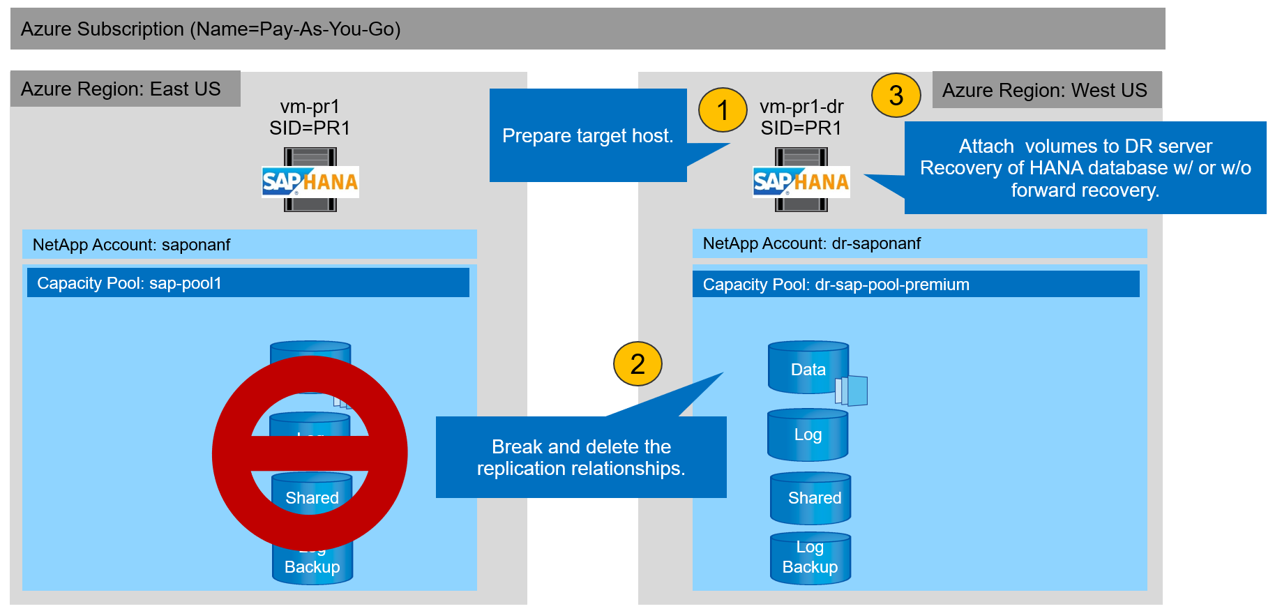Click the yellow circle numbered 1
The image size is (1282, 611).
click(x=723, y=110)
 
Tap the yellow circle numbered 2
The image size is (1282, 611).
click(x=638, y=363)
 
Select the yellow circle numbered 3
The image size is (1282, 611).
click(x=896, y=96)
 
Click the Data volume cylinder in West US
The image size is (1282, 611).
click(x=808, y=368)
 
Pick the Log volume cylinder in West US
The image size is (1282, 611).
click(x=808, y=435)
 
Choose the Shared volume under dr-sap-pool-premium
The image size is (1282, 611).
click(x=810, y=498)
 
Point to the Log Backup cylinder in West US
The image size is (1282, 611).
click(x=810, y=558)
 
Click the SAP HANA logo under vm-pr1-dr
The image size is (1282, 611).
click(x=801, y=181)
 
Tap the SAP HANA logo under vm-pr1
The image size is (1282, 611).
click(x=310, y=181)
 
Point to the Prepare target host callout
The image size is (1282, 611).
click(x=587, y=135)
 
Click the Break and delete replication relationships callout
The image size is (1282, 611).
click(x=581, y=457)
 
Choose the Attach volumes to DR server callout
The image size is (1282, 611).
click(x=1085, y=167)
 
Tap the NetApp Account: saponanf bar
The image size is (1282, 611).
click(x=249, y=244)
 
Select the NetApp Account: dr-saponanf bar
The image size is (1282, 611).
click(x=919, y=243)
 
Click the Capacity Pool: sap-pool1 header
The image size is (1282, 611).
click(x=248, y=283)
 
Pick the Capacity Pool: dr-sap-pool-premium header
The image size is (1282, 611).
click(x=915, y=285)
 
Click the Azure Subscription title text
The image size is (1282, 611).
click(x=211, y=29)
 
